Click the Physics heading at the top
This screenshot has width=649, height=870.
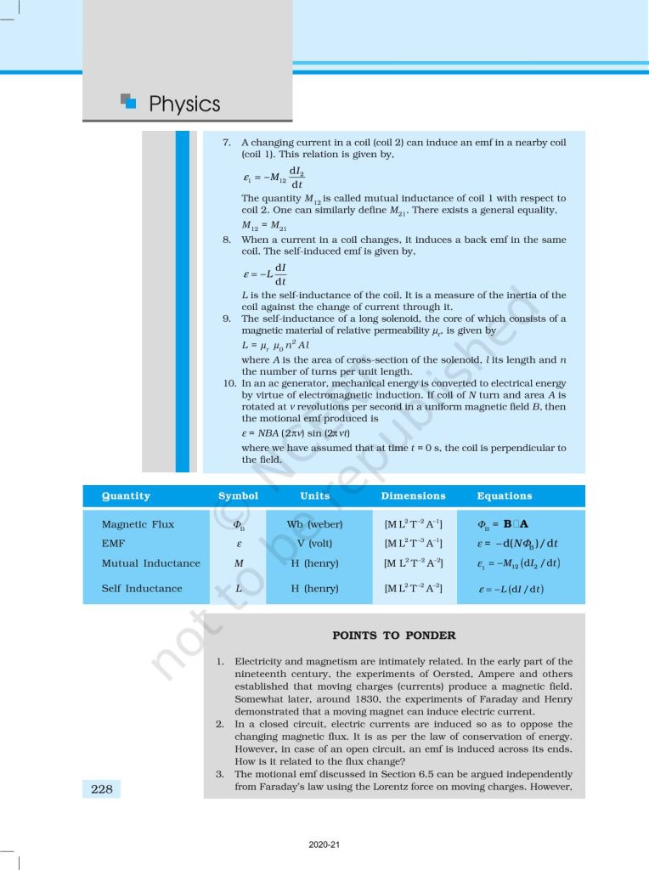(184, 105)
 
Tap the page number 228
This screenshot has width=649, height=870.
(102, 789)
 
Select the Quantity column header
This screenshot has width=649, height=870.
(126, 496)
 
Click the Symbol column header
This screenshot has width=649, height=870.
(238, 496)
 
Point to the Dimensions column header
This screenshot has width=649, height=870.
(413, 496)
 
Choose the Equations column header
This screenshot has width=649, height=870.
(505, 496)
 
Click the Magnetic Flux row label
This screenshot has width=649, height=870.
(138, 524)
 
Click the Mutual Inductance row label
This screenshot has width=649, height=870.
(150, 563)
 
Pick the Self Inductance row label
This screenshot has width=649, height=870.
(141, 588)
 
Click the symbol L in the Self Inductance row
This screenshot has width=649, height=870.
(239, 588)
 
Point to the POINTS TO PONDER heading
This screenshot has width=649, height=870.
(393, 636)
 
